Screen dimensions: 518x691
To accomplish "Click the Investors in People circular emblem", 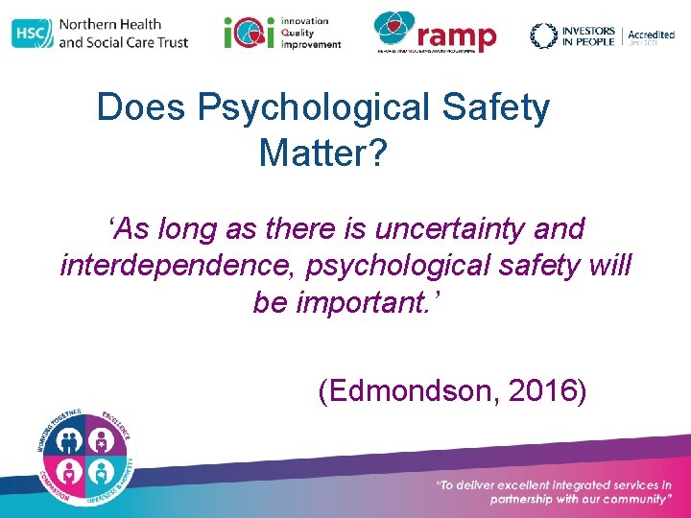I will click(x=544, y=35).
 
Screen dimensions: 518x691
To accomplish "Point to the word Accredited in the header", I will click(x=651, y=34).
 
